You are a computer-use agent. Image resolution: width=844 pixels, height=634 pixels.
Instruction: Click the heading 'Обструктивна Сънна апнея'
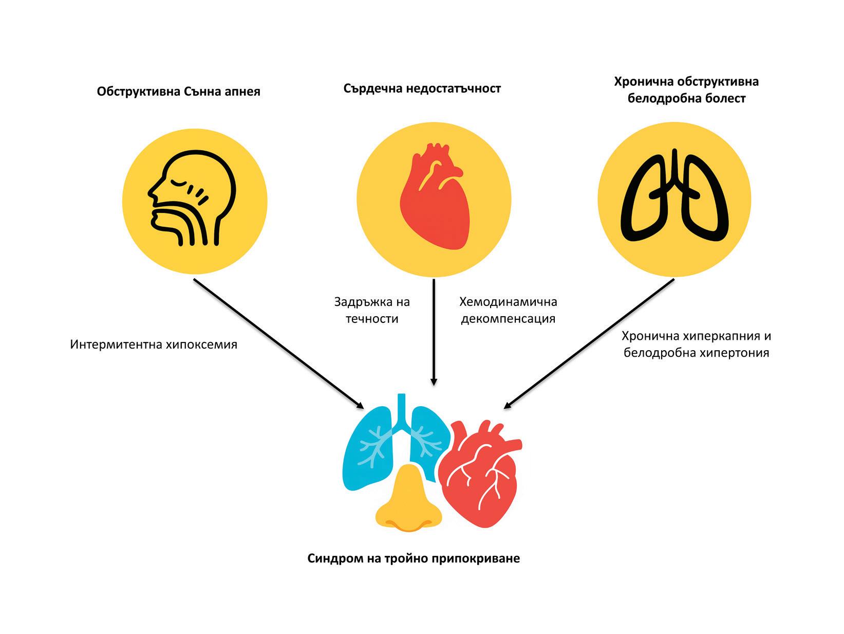click(178, 92)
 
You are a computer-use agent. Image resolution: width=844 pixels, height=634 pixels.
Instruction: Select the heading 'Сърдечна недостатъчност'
click(422, 88)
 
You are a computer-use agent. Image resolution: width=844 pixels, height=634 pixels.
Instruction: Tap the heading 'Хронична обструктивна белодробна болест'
click(686, 89)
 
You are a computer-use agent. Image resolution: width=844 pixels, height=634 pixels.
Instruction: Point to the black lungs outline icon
click(675, 197)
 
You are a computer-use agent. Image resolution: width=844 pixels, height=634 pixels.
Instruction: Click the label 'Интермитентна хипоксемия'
click(154, 344)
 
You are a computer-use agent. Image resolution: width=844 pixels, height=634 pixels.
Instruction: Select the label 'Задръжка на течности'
click(372, 310)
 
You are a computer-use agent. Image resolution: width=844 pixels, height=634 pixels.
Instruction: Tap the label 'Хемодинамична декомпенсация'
click(508, 310)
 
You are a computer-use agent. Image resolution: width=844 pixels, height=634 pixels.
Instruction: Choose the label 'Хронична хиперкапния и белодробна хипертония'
click(696, 344)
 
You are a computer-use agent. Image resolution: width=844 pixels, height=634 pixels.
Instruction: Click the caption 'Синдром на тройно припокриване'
click(414, 558)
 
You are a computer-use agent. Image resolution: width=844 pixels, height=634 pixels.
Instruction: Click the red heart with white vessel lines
click(480, 473)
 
